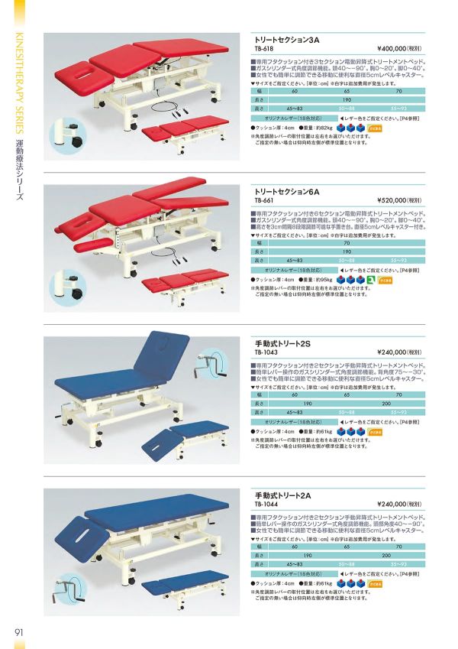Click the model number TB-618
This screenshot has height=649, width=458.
(x=263, y=46)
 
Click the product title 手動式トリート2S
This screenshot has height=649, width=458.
(x=276, y=344)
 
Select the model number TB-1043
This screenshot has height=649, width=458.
(x=265, y=352)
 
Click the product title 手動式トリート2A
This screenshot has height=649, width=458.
(x=276, y=495)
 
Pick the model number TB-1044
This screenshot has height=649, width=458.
(x=265, y=504)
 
